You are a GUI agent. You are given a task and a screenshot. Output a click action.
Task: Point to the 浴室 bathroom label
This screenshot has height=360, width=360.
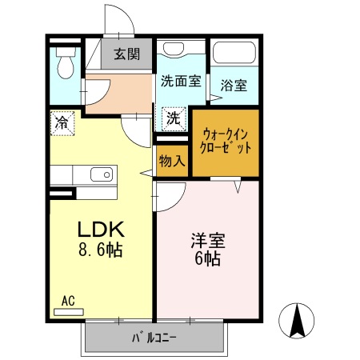pyautogui.click(x=234, y=82)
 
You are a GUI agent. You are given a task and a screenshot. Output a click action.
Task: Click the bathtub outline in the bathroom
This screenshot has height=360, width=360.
pyautogui.click(x=234, y=54)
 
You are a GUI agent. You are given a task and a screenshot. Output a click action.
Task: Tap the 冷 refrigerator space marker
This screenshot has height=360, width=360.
pyautogui.click(x=62, y=122)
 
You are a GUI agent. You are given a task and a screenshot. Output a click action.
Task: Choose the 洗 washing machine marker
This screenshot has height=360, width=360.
pyautogui.click(x=173, y=118)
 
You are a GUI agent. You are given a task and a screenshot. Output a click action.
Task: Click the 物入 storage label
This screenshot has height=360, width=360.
pyautogui.click(x=172, y=160)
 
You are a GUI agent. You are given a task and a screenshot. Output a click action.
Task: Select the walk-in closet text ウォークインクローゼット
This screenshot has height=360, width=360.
pyautogui.click(x=227, y=141)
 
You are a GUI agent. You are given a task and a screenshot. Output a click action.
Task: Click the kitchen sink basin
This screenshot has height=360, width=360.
pyautogui.click(x=101, y=175)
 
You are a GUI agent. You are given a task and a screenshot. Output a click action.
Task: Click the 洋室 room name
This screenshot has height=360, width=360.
pyautogui.click(x=206, y=239)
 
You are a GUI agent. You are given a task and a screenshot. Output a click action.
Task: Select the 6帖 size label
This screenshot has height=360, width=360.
pyautogui.click(x=206, y=259)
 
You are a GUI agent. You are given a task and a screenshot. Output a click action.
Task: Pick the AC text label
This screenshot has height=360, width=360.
pyautogui.click(x=68, y=301)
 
